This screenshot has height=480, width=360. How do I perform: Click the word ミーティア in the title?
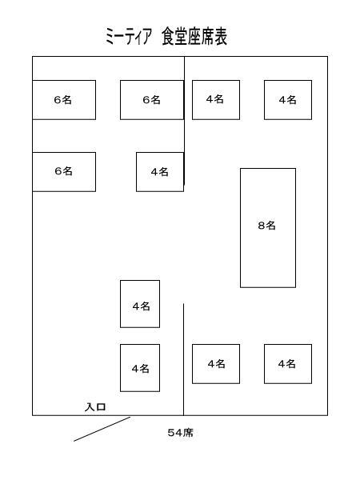click(128, 37)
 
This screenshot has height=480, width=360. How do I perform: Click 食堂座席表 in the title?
click(194, 37)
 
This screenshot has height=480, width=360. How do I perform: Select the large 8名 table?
click(268, 228)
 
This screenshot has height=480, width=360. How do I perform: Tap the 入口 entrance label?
click(95, 407)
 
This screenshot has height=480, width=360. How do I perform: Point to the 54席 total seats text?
click(180, 433)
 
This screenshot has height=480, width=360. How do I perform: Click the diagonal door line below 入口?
click(102, 429)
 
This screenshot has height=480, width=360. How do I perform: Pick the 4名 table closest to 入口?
click(140, 368)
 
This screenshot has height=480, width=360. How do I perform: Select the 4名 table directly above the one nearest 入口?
click(140, 304)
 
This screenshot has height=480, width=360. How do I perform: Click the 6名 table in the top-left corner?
click(64, 100)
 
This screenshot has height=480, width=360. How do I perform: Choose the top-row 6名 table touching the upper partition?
click(152, 100)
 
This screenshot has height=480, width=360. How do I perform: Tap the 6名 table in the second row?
click(64, 172)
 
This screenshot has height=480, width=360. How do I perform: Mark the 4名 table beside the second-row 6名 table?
click(160, 172)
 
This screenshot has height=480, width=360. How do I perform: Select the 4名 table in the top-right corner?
click(288, 100)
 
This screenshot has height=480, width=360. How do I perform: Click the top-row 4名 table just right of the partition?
click(216, 100)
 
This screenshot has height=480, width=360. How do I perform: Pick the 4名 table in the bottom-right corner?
click(288, 364)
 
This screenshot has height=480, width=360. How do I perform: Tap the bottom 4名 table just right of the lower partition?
click(216, 364)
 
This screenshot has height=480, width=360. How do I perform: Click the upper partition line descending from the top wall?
click(184, 121)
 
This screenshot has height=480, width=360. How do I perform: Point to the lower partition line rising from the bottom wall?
click(184, 359)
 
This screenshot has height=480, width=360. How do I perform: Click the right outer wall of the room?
click(327, 236)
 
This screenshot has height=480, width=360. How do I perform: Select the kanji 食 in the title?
click(168, 37)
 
